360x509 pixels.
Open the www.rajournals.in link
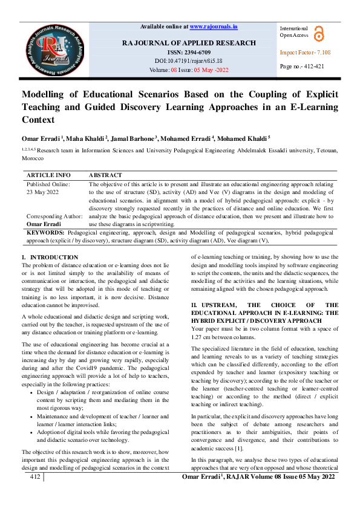click(x=214, y=27)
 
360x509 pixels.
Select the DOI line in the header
click(x=188, y=61)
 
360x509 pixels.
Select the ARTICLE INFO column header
click(x=48, y=175)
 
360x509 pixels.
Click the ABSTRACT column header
click(x=105, y=175)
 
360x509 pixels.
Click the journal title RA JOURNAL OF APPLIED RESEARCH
click(x=189, y=44)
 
